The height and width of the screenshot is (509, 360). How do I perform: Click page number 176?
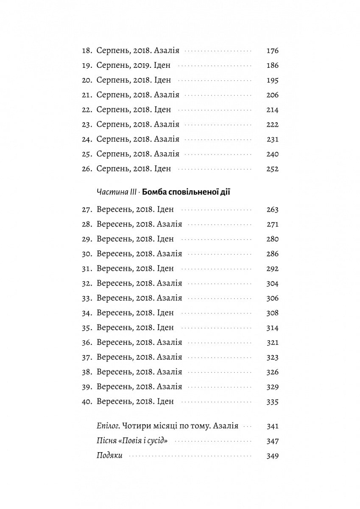coord(272,51)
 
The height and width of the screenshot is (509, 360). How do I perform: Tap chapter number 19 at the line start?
coord(87,66)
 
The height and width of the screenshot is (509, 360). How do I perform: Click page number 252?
coord(272,169)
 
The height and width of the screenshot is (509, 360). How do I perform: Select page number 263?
coord(272,210)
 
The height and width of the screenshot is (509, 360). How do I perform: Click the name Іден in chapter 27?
coord(165,210)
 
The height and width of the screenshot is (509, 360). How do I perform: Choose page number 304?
coord(272,283)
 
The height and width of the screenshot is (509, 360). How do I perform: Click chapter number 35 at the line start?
coord(87,328)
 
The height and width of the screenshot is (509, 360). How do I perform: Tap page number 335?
coord(272,402)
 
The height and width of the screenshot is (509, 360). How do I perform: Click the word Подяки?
coord(109,456)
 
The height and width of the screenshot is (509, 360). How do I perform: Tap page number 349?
coord(272,456)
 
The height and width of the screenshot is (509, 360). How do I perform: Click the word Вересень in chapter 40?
coord(114,402)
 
